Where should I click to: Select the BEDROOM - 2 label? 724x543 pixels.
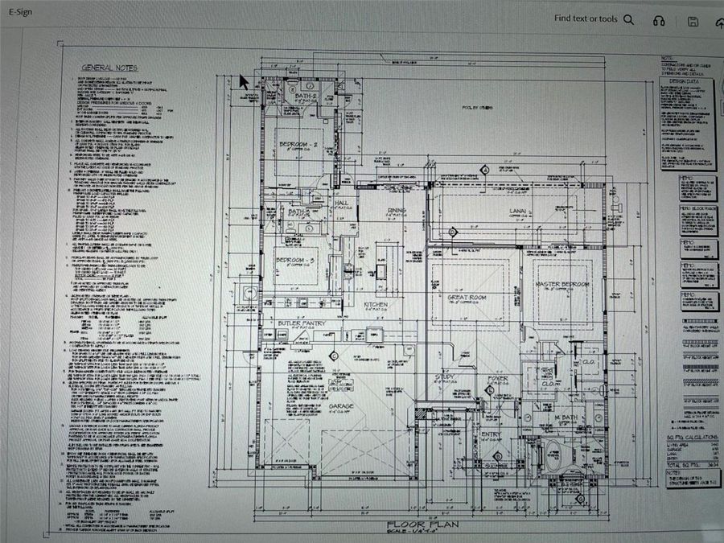pyautogui.click(x=299, y=144)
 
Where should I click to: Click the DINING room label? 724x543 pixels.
pyautogui.click(x=397, y=211)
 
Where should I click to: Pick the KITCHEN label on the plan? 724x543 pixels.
pyautogui.click(x=377, y=305)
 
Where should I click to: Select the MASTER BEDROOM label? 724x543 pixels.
pyautogui.click(x=562, y=285)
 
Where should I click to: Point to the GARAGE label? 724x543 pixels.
pyautogui.click(x=341, y=407)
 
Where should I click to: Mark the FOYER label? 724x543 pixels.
pyautogui.click(x=497, y=377)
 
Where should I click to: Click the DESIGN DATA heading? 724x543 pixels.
pyautogui.click(x=686, y=81)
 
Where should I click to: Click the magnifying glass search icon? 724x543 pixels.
pyautogui.click(x=628, y=20)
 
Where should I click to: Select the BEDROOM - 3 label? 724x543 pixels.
pyautogui.click(x=298, y=261)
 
